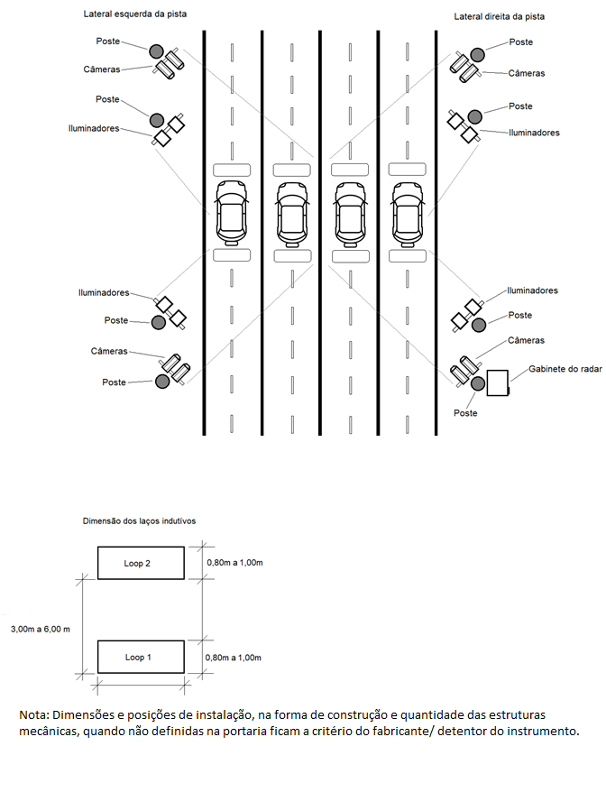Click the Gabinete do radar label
click(x=565, y=369)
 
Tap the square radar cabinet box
click(x=498, y=382)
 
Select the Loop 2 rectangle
click(x=141, y=563)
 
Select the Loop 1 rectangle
click(x=141, y=657)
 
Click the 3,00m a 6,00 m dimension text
click(x=41, y=630)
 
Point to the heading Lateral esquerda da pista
click(x=135, y=14)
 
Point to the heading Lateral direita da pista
click(x=499, y=16)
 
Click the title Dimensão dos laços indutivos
click(x=139, y=520)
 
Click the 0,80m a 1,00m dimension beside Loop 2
click(x=234, y=563)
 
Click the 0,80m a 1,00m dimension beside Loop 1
click(x=234, y=658)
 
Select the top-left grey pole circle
click(x=156, y=51)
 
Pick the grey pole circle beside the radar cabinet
click(x=478, y=383)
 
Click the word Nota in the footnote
click(x=33, y=715)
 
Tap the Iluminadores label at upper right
click(x=534, y=133)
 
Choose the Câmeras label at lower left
click(x=109, y=351)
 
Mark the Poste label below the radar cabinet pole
click(x=465, y=413)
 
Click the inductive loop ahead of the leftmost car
click(x=232, y=170)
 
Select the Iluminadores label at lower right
click(x=532, y=290)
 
